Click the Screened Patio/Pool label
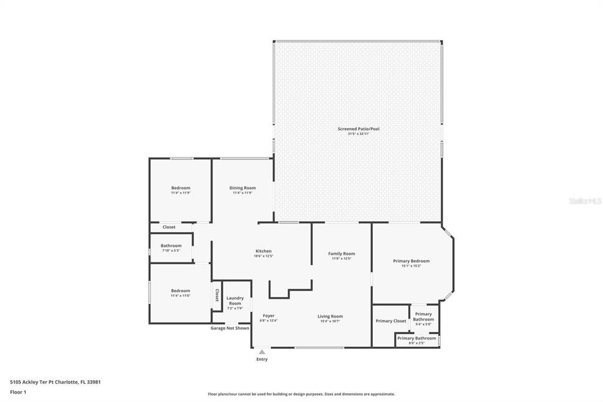point(358,128)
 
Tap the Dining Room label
point(243,188)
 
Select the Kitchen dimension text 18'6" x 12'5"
point(263,256)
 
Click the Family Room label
point(342,253)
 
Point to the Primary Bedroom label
point(411,261)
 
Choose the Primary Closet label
point(391,321)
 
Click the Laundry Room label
point(235,301)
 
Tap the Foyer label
point(269,316)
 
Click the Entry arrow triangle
point(262,352)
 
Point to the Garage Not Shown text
point(230,328)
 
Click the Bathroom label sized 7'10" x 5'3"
point(171,246)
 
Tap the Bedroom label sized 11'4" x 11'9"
point(181,188)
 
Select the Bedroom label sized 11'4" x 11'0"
point(181,291)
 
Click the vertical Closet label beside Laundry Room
point(217,295)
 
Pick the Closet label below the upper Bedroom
point(169,227)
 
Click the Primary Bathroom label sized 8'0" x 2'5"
point(417,338)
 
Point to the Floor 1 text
point(18,391)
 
